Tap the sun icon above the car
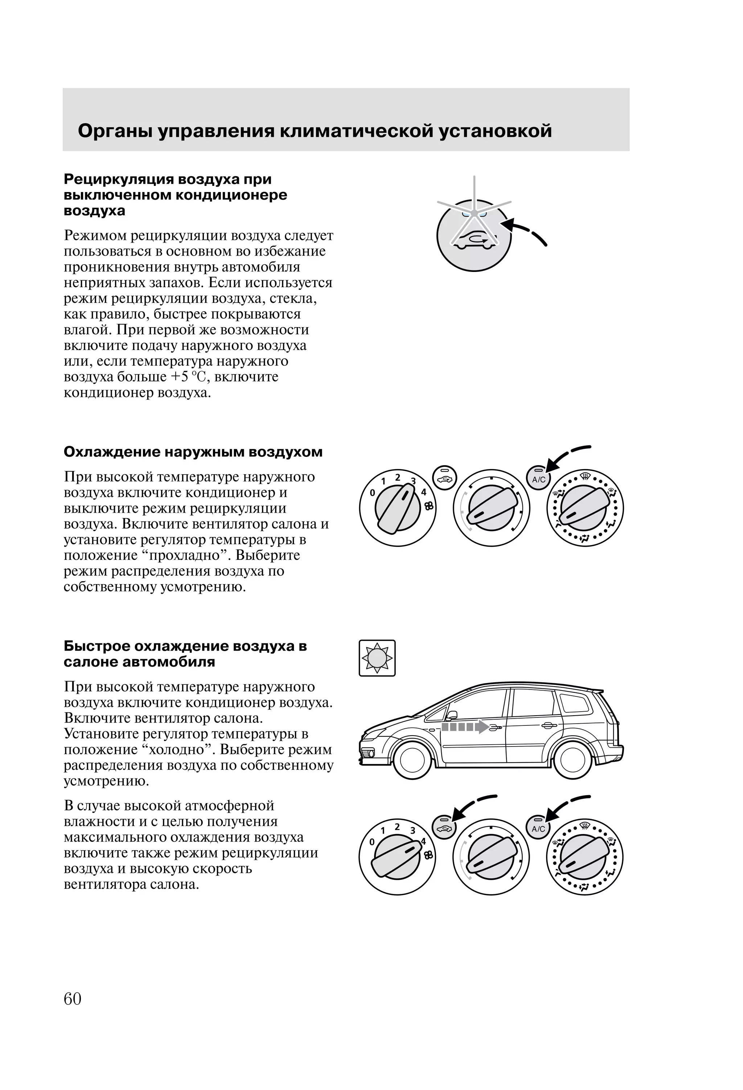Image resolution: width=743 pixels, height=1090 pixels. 377,658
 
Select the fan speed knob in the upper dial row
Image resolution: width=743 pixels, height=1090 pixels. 398,508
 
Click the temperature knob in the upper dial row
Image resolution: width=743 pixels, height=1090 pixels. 491,508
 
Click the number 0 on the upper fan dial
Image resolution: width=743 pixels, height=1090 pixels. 372,493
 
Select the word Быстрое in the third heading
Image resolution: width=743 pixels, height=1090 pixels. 97,646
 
